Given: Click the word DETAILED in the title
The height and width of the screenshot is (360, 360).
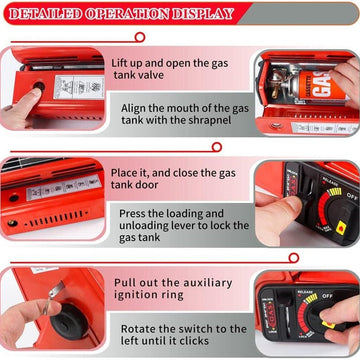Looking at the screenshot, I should pyautogui.click(x=46, y=14).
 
